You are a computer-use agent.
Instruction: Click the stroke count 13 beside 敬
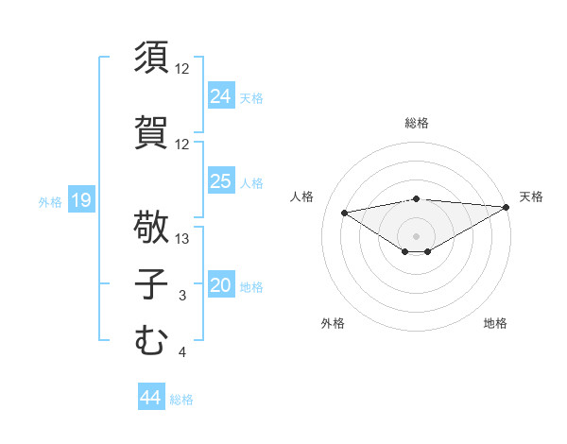click(183, 239)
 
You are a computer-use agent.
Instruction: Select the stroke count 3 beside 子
click(181, 297)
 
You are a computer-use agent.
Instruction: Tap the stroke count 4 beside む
click(181, 353)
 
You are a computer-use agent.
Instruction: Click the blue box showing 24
click(221, 95)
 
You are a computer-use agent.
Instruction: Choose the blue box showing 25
click(221, 181)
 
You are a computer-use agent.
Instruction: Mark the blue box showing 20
click(221, 285)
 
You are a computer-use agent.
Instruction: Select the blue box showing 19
click(80, 200)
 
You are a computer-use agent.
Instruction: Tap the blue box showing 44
click(150, 398)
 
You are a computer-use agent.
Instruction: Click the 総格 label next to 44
click(181, 400)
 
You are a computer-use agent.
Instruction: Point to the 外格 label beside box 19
click(50, 201)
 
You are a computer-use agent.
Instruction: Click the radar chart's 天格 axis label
click(531, 196)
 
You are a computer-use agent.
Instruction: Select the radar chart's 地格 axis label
click(495, 323)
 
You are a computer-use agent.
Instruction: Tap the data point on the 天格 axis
click(507, 207)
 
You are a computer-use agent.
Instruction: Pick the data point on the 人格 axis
click(345, 212)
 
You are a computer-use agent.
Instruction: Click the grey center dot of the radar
click(416, 235)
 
